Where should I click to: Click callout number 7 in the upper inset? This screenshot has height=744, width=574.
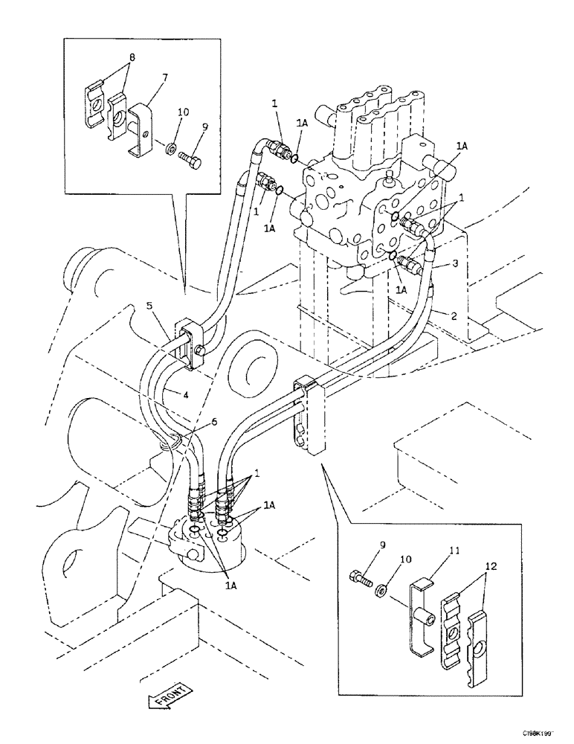tap(166, 77)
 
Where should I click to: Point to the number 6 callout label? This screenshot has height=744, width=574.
tap(214, 421)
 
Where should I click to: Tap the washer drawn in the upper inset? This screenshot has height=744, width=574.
tap(171, 149)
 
